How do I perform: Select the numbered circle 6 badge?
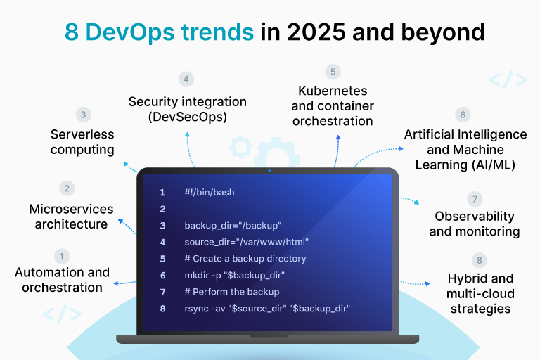tap(461, 114)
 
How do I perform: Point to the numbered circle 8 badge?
tap(481, 261)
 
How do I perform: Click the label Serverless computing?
tap(82, 141)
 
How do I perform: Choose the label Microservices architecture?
tap(71, 217)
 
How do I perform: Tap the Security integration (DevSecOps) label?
tap(188, 110)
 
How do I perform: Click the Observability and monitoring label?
tap(475, 224)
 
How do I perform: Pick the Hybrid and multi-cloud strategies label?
tap(481, 293)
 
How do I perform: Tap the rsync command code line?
tap(267, 308)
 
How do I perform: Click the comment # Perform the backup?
tap(232, 292)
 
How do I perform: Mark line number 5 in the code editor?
tap(162, 259)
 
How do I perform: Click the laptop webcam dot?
tap(270, 170)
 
